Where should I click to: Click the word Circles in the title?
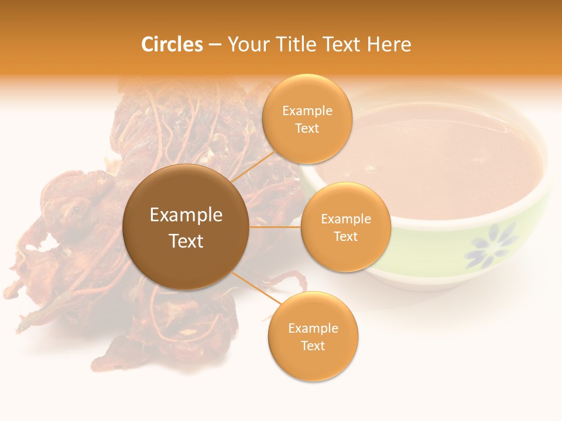point(172,44)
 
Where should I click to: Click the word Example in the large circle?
point(186,215)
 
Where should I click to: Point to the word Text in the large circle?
point(186,241)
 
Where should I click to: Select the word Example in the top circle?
point(307,111)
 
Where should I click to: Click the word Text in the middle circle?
point(345,236)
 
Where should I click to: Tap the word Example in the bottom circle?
point(313,329)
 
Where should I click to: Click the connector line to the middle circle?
point(275,227)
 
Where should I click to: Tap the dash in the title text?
point(215,44)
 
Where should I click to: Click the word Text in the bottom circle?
point(313,346)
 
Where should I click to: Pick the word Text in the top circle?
point(307,129)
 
